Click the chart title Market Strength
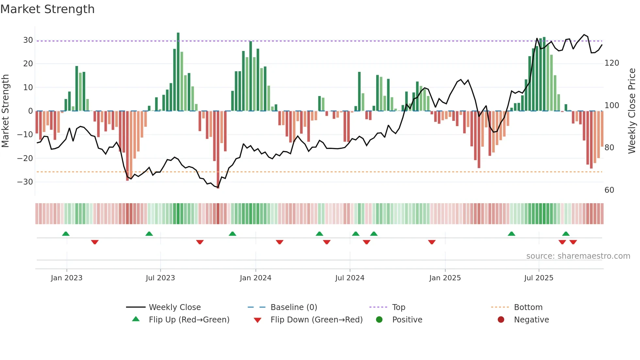click(x=47, y=9)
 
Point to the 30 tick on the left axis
click(x=28, y=40)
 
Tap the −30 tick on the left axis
click(x=25, y=182)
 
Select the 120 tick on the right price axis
click(x=612, y=63)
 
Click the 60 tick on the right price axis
click(x=609, y=190)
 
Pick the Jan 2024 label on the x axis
click(x=255, y=278)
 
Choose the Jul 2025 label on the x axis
click(x=538, y=278)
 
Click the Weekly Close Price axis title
click(x=632, y=111)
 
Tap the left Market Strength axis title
click(x=6, y=111)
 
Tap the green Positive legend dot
click(x=379, y=320)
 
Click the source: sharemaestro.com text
click(x=578, y=256)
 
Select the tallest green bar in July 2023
click(x=178, y=72)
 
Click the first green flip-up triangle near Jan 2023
click(x=66, y=234)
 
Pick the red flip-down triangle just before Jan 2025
click(x=432, y=242)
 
